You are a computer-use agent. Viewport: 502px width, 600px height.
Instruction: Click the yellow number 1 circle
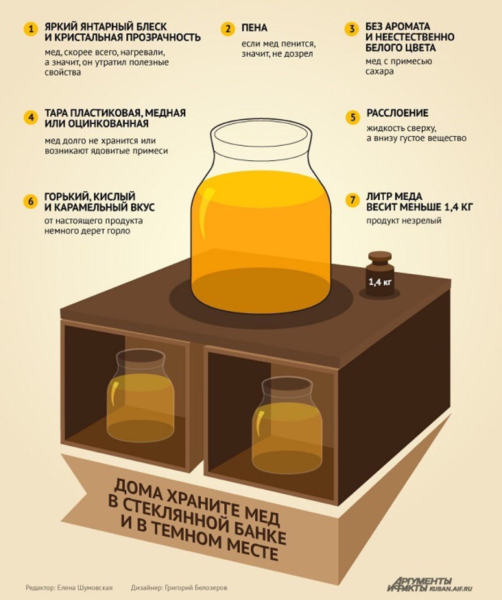tap(31, 30)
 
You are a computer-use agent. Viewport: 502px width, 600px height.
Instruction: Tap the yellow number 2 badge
tap(228, 30)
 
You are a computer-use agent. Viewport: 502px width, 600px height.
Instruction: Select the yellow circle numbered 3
tap(352, 30)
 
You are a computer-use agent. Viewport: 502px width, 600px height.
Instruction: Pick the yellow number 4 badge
tap(31, 118)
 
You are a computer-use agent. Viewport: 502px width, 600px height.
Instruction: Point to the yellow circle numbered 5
tap(353, 117)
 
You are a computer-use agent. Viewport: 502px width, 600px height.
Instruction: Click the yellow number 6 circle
tap(31, 201)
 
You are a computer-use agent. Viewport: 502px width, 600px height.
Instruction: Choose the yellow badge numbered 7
tap(353, 200)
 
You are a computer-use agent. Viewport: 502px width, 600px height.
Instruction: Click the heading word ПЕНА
tap(254, 28)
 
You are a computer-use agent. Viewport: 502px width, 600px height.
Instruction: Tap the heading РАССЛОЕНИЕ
tap(397, 113)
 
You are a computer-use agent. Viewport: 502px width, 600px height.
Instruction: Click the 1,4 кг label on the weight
tap(380, 282)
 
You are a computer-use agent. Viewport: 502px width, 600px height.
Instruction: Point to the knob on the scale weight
tap(380, 256)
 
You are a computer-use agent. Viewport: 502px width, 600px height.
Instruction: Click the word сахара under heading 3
tap(380, 72)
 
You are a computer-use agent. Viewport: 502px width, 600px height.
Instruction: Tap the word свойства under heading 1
tap(63, 72)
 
